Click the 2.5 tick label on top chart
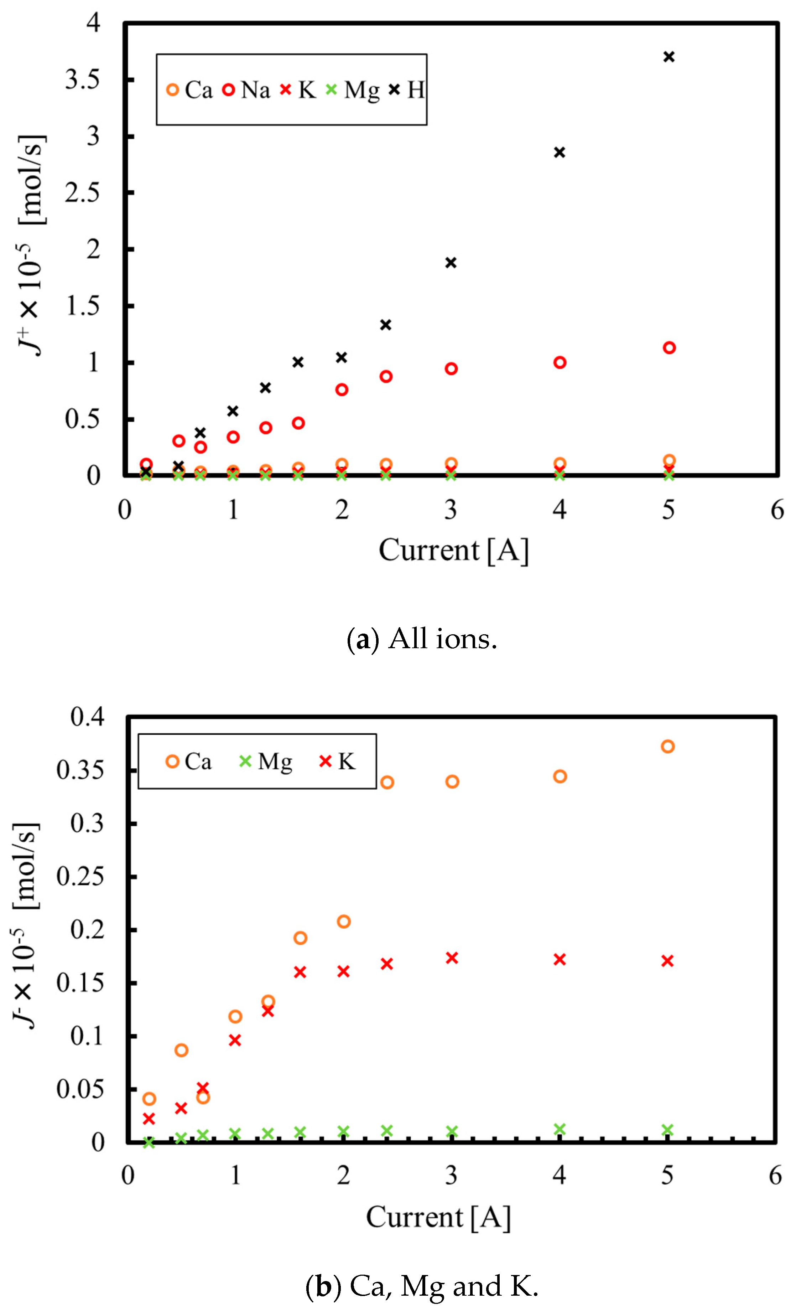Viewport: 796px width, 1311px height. tap(82, 193)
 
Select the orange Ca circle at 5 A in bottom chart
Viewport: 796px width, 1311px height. tap(668, 747)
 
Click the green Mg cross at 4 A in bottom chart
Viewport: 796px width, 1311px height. tap(560, 1130)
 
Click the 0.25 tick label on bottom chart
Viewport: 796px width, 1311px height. tap(80, 876)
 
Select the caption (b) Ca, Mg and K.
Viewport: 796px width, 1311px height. tap(422, 1286)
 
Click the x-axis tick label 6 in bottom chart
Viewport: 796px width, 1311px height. tap(775, 1175)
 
